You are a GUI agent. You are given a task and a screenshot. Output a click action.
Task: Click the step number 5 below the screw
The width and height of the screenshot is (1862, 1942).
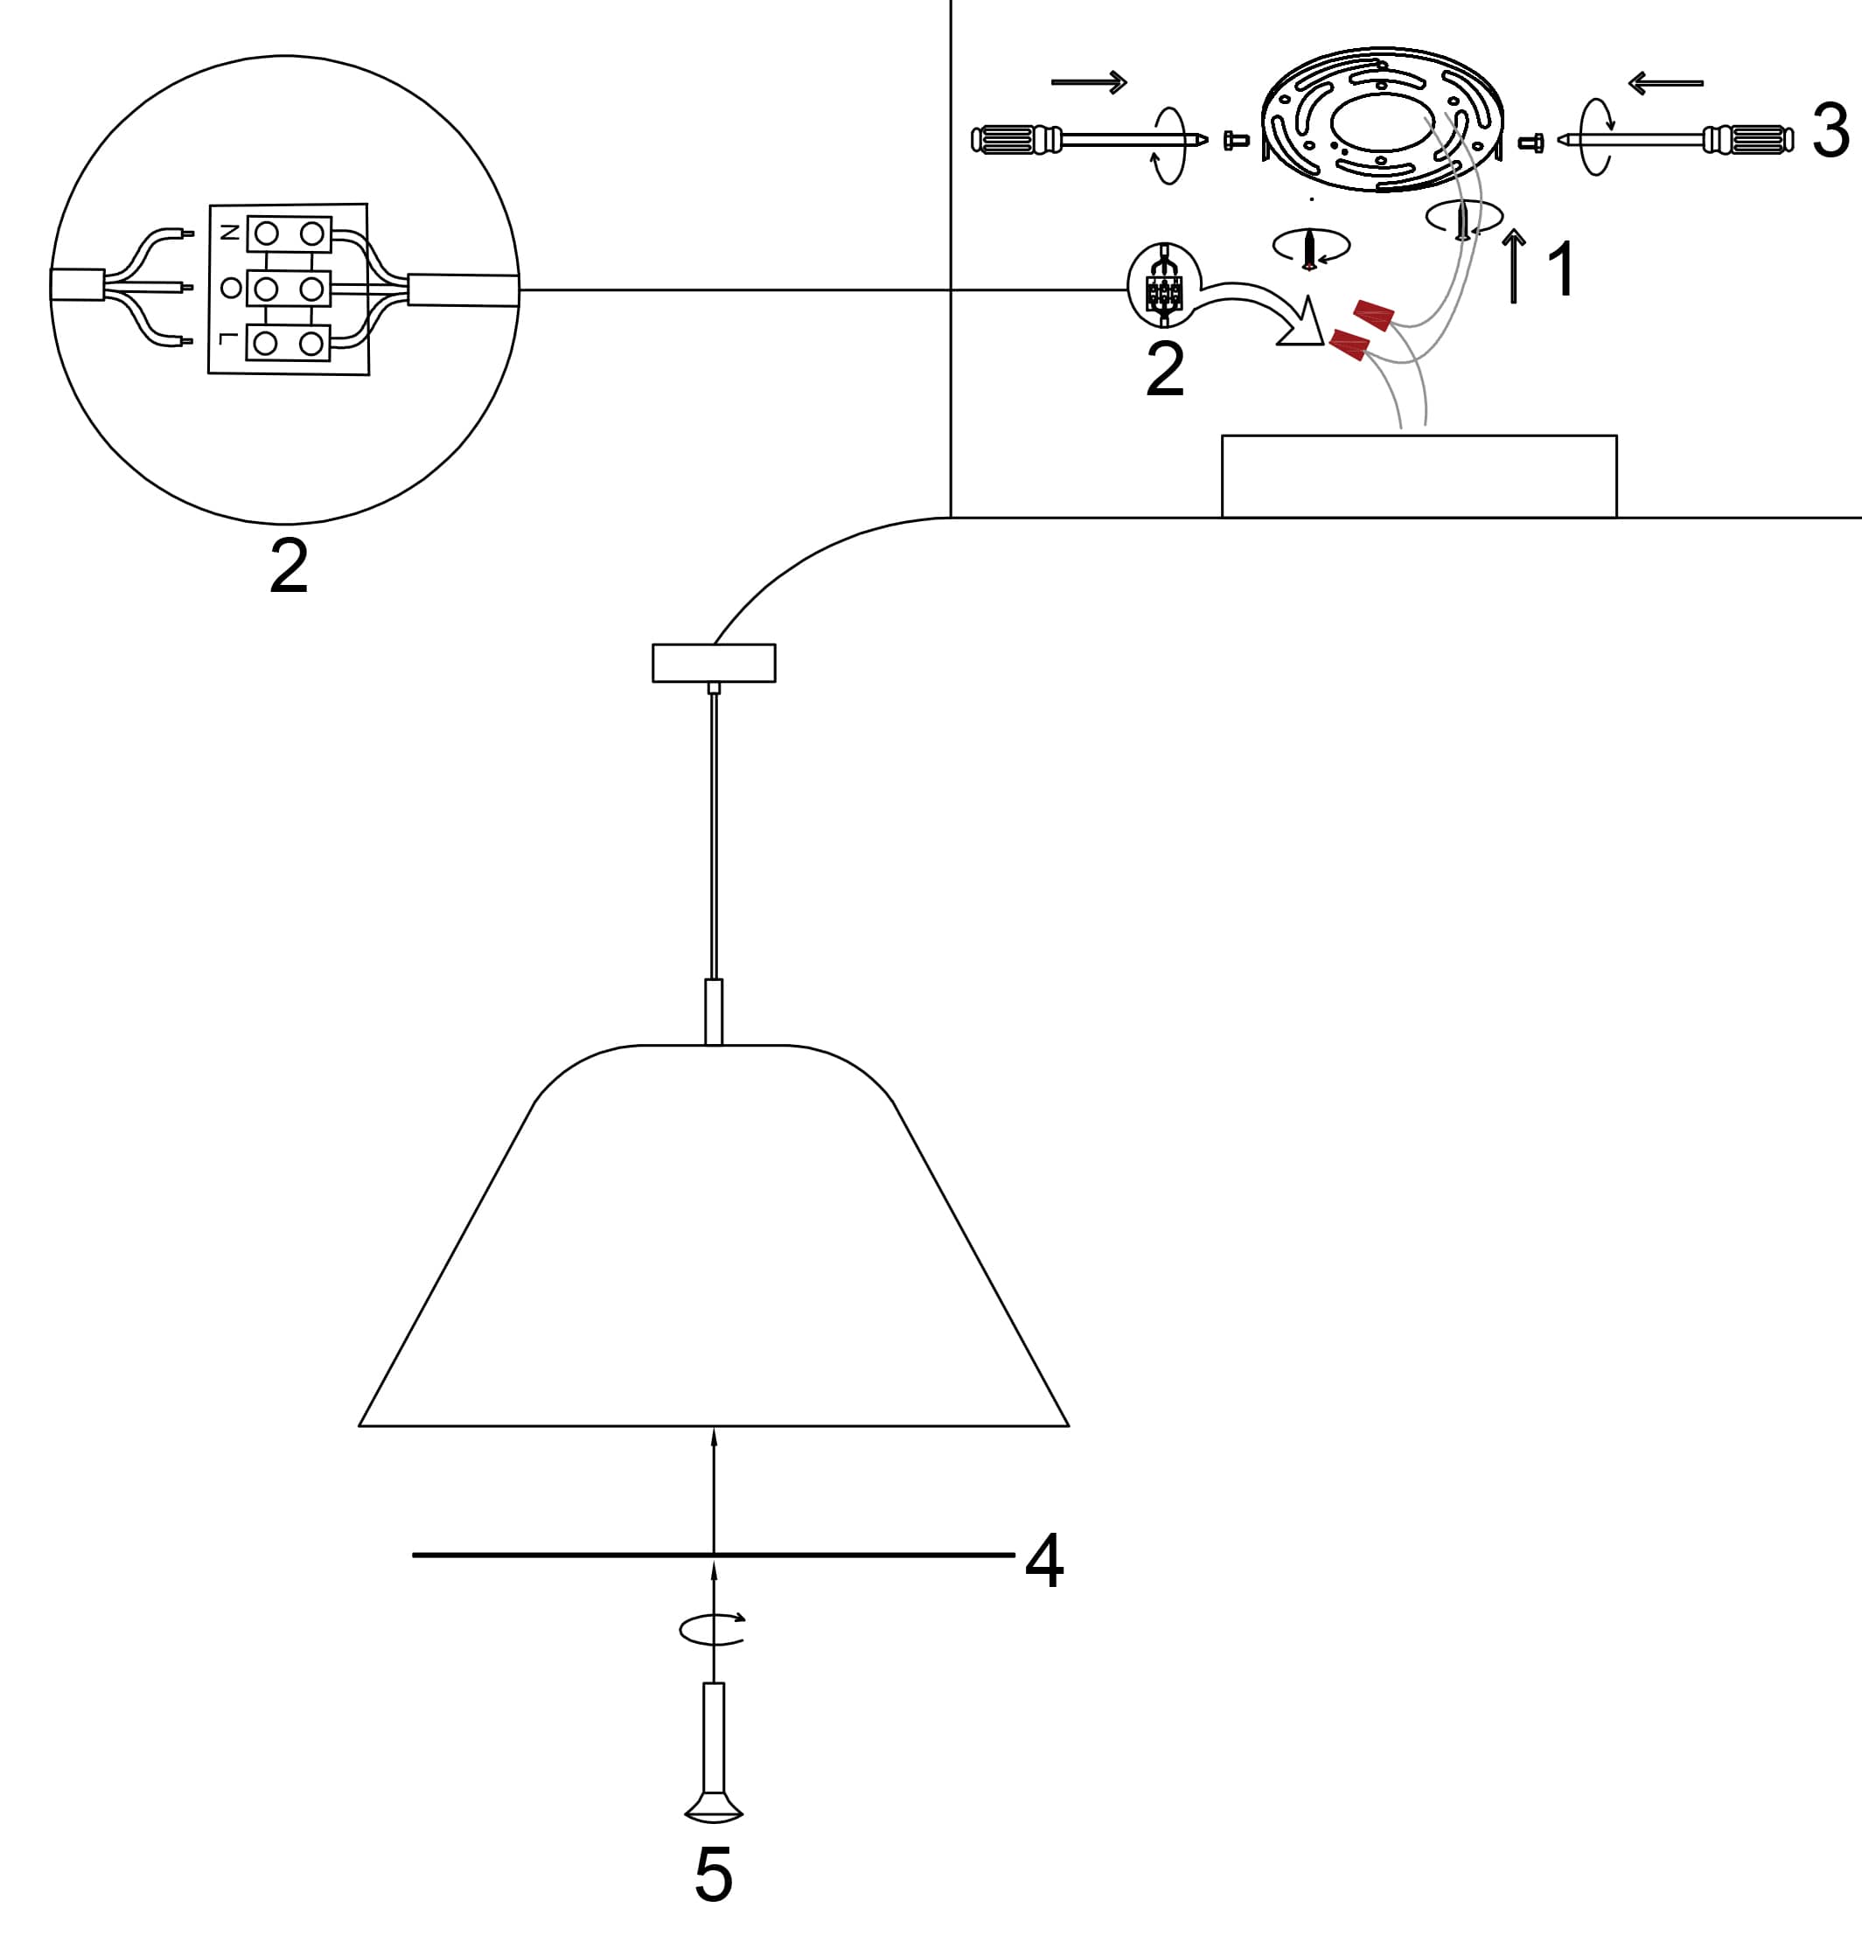pos(714,1875)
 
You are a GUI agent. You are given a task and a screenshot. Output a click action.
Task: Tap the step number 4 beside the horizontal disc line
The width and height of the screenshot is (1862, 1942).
pos(1044,1561)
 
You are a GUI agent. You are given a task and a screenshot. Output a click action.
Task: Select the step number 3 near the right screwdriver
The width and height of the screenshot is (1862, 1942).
pos(1831,131)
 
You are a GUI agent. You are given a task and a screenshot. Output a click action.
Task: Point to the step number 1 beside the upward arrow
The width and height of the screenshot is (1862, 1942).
pos(1561,269)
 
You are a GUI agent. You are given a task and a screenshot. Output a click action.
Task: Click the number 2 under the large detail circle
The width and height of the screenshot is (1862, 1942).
pos(289,567)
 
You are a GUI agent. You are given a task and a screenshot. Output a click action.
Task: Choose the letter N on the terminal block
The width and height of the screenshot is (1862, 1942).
pos(229,233)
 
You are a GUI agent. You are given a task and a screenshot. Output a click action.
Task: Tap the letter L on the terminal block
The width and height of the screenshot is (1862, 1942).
pos(228,341)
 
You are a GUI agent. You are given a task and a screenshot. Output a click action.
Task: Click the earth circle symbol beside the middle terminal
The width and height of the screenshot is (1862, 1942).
pos(231,289)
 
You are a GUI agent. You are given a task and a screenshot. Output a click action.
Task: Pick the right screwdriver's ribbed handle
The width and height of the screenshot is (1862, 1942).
pos(1748,140)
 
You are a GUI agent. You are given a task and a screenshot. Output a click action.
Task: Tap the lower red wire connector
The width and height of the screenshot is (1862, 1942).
pos(1349,345)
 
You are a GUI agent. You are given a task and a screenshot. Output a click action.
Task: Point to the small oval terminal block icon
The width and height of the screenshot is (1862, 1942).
pos(1164,285)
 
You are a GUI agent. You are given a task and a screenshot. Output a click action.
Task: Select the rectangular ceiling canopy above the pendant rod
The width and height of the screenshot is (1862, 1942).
pos(714,663)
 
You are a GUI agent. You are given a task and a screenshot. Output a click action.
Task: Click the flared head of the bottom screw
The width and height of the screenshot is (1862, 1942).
pos(714,1808)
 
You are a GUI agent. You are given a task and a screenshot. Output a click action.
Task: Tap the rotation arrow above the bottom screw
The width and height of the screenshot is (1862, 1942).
pos(712,1629)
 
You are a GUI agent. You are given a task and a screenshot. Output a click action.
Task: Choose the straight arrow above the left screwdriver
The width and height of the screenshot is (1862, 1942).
pos(1089,82)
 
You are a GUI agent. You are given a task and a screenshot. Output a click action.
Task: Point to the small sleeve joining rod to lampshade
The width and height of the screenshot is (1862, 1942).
pos(714,1012)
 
